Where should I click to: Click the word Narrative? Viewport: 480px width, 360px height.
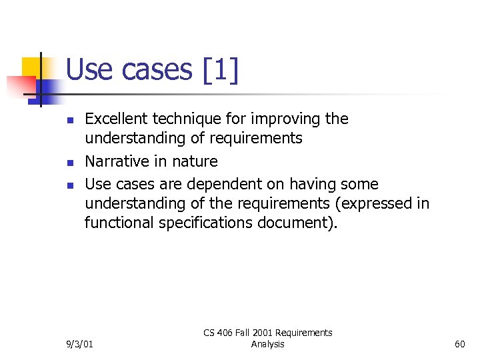point(115,161)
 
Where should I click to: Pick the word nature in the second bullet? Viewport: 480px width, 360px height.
point(195,161)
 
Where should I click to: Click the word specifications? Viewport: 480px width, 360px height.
point(205,223)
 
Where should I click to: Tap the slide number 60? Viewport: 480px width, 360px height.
point(459,344)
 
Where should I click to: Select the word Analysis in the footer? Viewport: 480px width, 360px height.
point(268,344)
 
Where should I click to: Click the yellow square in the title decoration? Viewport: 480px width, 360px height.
point(32,67)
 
